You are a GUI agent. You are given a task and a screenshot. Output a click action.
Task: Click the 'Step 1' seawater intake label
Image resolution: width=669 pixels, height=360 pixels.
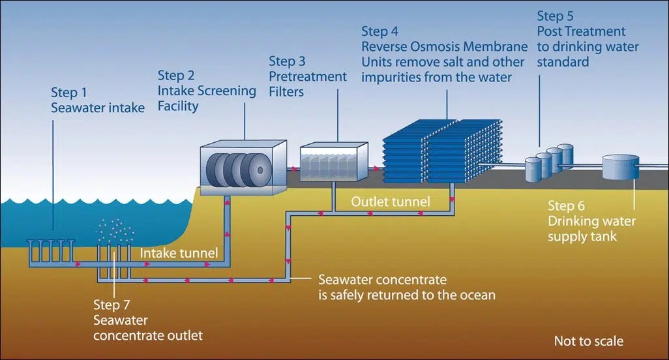click(x=69, y=92)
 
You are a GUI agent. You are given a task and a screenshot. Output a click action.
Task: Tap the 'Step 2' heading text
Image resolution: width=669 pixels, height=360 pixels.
click(x=176, y=76)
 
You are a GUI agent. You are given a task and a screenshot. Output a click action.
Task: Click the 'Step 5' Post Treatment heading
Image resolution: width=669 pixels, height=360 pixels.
click(x=556, y=16)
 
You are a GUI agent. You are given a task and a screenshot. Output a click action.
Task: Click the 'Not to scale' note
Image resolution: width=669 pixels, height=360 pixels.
click(x=588, y=341)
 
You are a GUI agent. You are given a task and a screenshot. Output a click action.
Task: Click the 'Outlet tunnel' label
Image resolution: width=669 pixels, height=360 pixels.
click(x=390, y=202)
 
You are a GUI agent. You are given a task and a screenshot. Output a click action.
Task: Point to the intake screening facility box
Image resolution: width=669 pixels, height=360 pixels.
click(x=243, y=168)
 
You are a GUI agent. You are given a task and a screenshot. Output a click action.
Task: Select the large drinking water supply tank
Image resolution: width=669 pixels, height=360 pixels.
click(x=621, y=168)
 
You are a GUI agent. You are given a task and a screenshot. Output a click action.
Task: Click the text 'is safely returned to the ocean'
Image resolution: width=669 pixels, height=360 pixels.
click(x=407, y=295)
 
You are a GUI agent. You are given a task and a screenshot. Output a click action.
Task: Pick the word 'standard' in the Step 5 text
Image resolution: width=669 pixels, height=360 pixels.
click(x=564, y=63)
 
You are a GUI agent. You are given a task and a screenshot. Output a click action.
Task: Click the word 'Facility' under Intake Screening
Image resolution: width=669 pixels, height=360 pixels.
click(x=178, y=106)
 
